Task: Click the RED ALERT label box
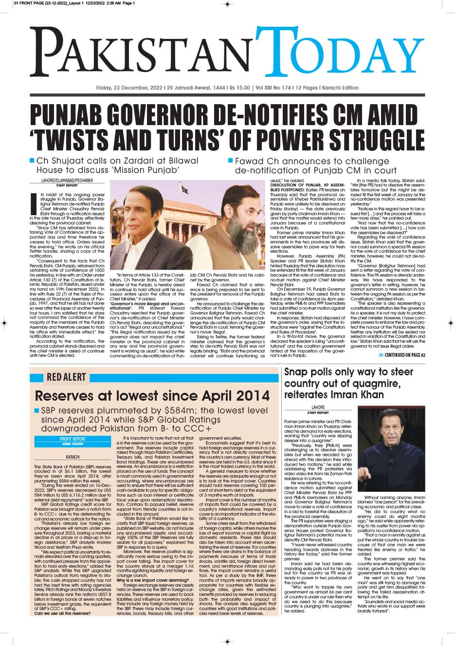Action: tap(66, 377)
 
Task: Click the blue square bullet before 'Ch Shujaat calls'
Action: tap(32, 160)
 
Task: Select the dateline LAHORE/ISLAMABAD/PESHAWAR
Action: tap(67, 181)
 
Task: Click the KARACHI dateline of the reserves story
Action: tap(73, 457)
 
